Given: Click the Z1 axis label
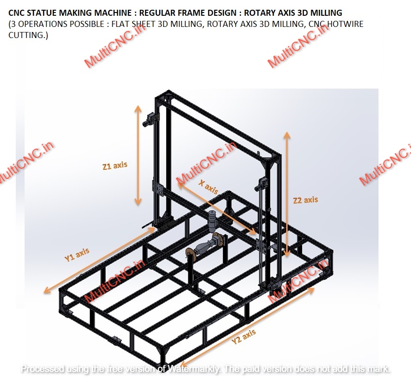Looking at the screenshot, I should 115,166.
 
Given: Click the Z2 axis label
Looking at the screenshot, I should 306,200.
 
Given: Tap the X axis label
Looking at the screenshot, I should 208,186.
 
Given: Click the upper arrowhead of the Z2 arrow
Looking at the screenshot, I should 287,135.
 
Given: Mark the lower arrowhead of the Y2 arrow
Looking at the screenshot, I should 182,363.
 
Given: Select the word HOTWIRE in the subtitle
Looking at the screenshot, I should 345,24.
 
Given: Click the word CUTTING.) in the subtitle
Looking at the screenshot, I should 27,35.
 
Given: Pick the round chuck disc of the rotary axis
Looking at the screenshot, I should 190,254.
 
